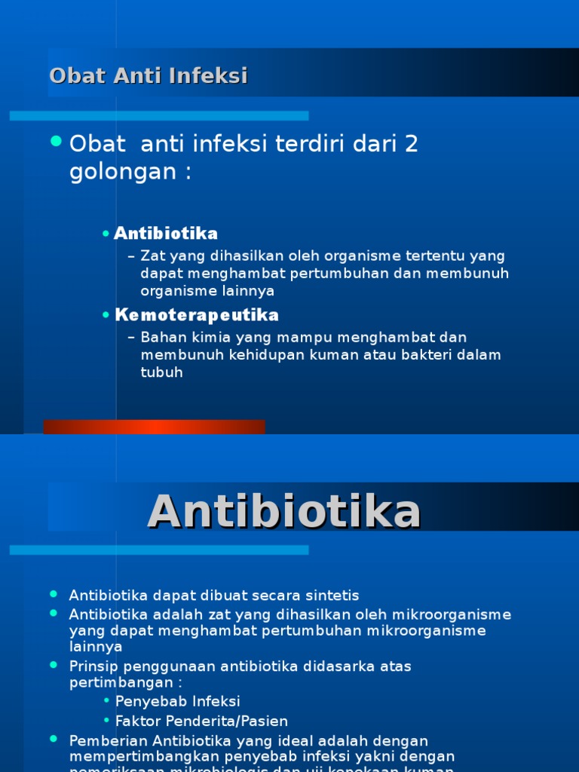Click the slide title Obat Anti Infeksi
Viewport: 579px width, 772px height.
tap(149, 76)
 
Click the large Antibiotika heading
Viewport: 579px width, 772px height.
tap(283, 513)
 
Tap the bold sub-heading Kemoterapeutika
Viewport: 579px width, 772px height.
tap(197, 314)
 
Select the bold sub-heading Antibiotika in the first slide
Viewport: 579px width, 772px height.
tap(166, 234)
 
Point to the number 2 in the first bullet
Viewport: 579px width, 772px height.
tap(411, 144)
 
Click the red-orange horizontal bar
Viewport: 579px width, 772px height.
tap(154, 427)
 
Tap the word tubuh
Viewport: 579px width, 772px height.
tap(161, 372)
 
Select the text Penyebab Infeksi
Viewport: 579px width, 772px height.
tap(177, 702)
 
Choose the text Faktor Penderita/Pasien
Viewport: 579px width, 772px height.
tap(201, 721)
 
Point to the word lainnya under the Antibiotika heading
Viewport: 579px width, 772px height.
tap(96, 647)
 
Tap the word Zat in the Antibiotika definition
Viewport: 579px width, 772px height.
tap(152, 256)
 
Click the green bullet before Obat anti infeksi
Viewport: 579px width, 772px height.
tap(55, 141)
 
